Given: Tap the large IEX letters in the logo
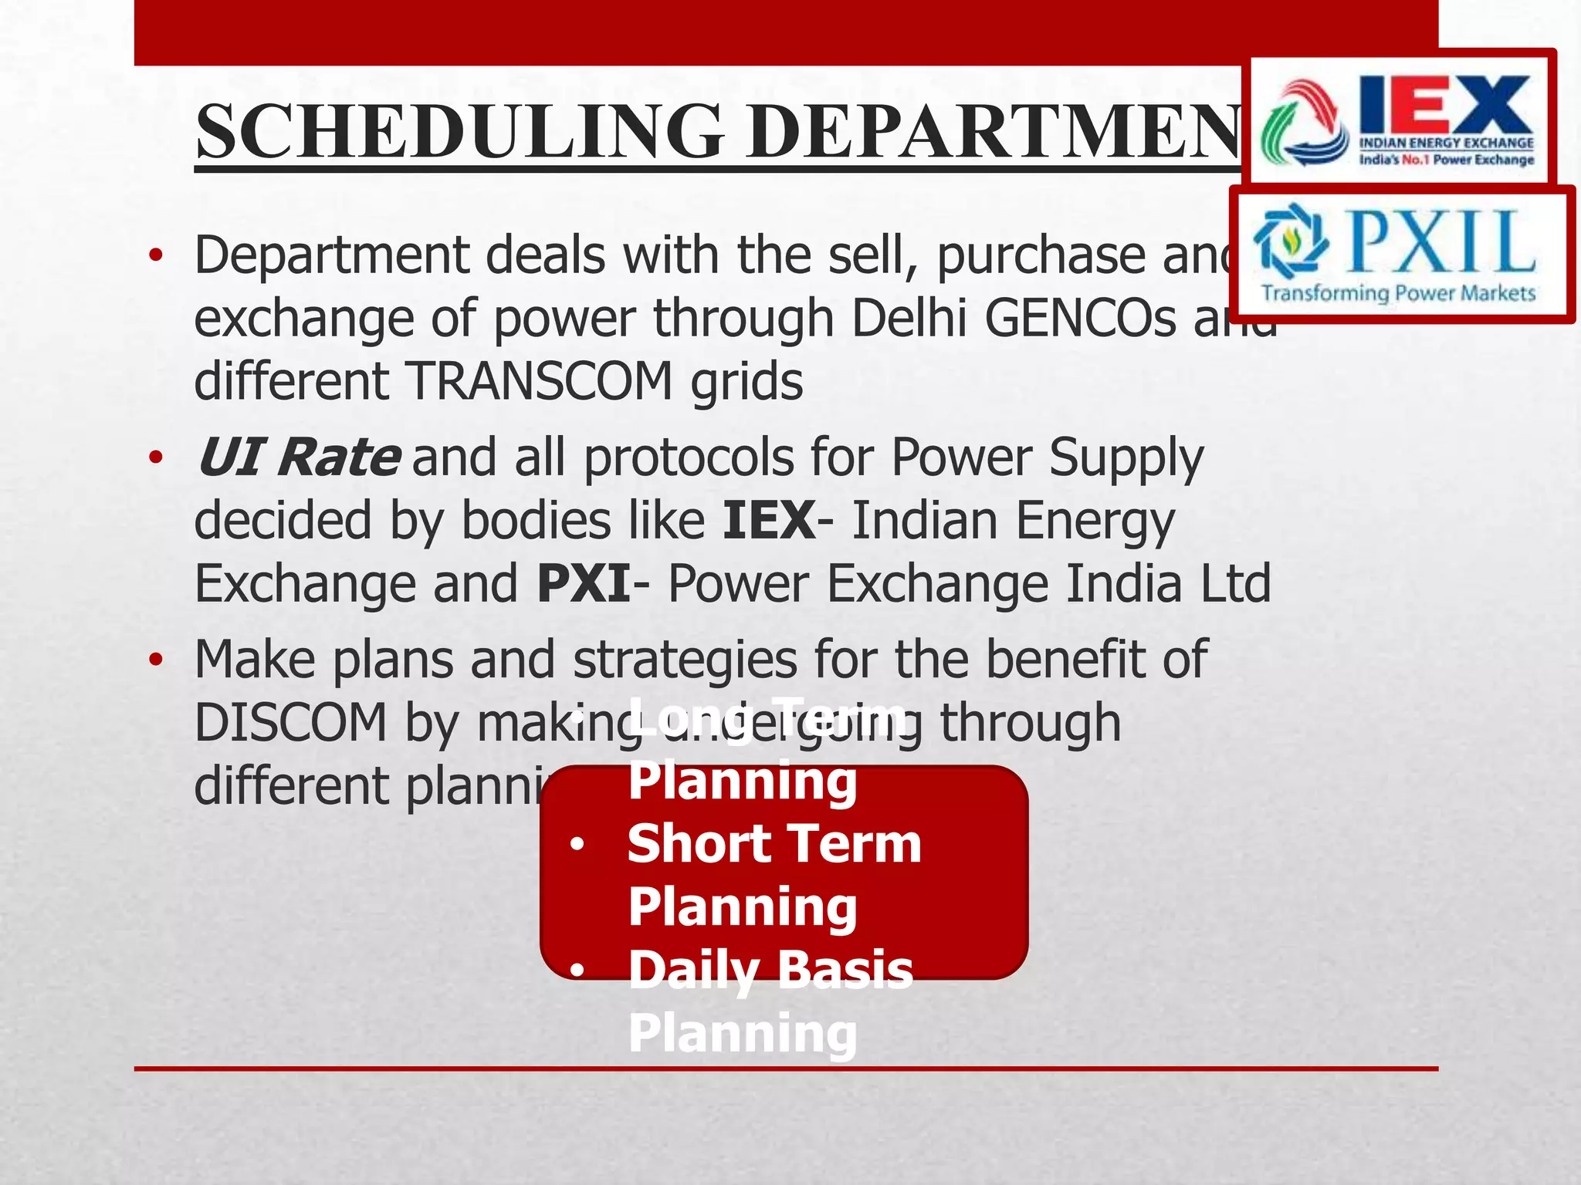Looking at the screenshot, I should pos(1445,106).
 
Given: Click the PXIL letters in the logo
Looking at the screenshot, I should pos(1441,242).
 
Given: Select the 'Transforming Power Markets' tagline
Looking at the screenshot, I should pos(1398,293).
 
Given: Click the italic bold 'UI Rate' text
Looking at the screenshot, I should pos(298,457).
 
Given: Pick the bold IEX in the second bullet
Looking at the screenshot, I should pos(769,521).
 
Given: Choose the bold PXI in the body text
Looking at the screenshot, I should pos(584,584).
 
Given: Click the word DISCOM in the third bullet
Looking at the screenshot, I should pos(290,724).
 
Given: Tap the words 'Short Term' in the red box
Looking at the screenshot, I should pos(774,843).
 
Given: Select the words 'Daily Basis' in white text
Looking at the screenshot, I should pos(770,970).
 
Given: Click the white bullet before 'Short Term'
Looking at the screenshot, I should pos(577,845).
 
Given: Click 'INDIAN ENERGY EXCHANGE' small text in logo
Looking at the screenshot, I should pos(1446,143).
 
